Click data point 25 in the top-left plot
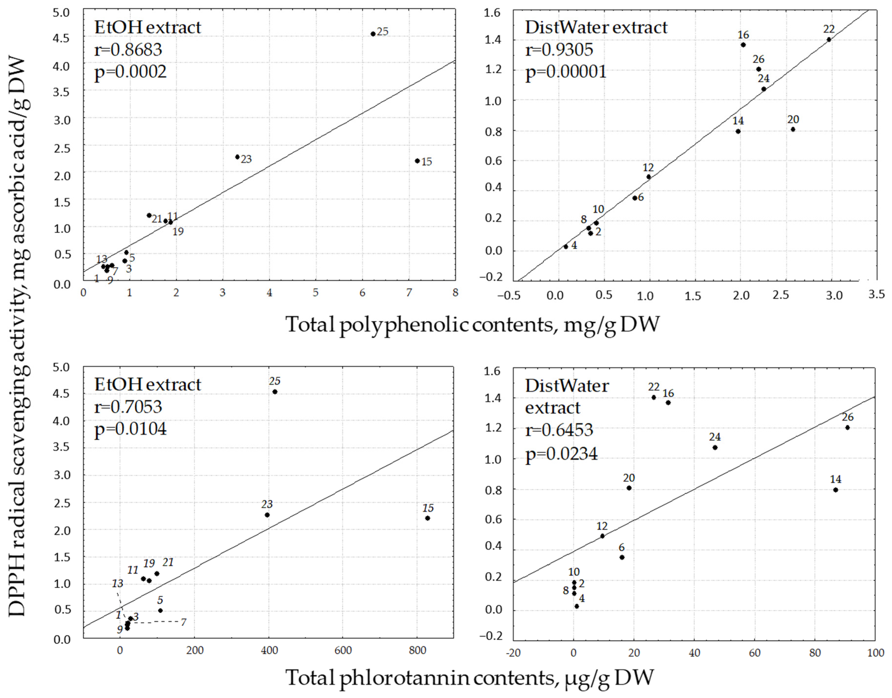point(373,34)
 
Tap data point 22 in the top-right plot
point(829,40)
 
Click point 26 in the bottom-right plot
point(847,428)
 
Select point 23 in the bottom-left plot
point(267,515)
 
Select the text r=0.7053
point(128,407)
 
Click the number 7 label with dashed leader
point(183,622)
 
